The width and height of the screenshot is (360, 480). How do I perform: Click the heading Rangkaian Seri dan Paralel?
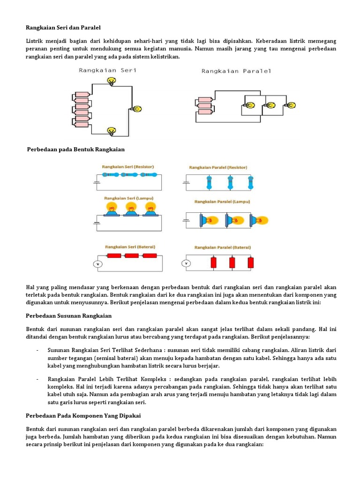click(x=63, y=28)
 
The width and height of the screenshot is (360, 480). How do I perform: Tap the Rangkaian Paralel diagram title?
click(x=236, y=71)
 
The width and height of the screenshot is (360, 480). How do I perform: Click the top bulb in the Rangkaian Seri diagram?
click(x=112, y=82)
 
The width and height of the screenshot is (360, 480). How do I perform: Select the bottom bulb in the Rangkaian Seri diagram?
click(x=112, y=131)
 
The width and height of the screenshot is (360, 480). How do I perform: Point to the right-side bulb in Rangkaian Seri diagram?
click(x=137, y=109)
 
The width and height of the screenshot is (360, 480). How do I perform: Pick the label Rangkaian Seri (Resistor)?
click(x=128, y=166)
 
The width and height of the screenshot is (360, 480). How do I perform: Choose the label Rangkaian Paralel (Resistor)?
click(x=218, y=167)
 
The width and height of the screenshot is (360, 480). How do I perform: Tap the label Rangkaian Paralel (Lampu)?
click(x=222, y=202)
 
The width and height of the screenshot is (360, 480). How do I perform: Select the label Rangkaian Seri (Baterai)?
click(x=130, y=247)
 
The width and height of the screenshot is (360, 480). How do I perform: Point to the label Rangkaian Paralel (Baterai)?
click(x=223, y=247)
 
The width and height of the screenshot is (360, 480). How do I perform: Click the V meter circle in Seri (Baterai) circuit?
click(x=98, y=264)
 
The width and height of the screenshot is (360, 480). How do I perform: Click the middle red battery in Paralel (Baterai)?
click(x=232, y=262)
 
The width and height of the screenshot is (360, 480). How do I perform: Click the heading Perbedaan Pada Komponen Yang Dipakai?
click(x=83, y=416)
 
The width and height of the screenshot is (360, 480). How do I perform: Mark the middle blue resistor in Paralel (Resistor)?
click(x=230, y=182)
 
